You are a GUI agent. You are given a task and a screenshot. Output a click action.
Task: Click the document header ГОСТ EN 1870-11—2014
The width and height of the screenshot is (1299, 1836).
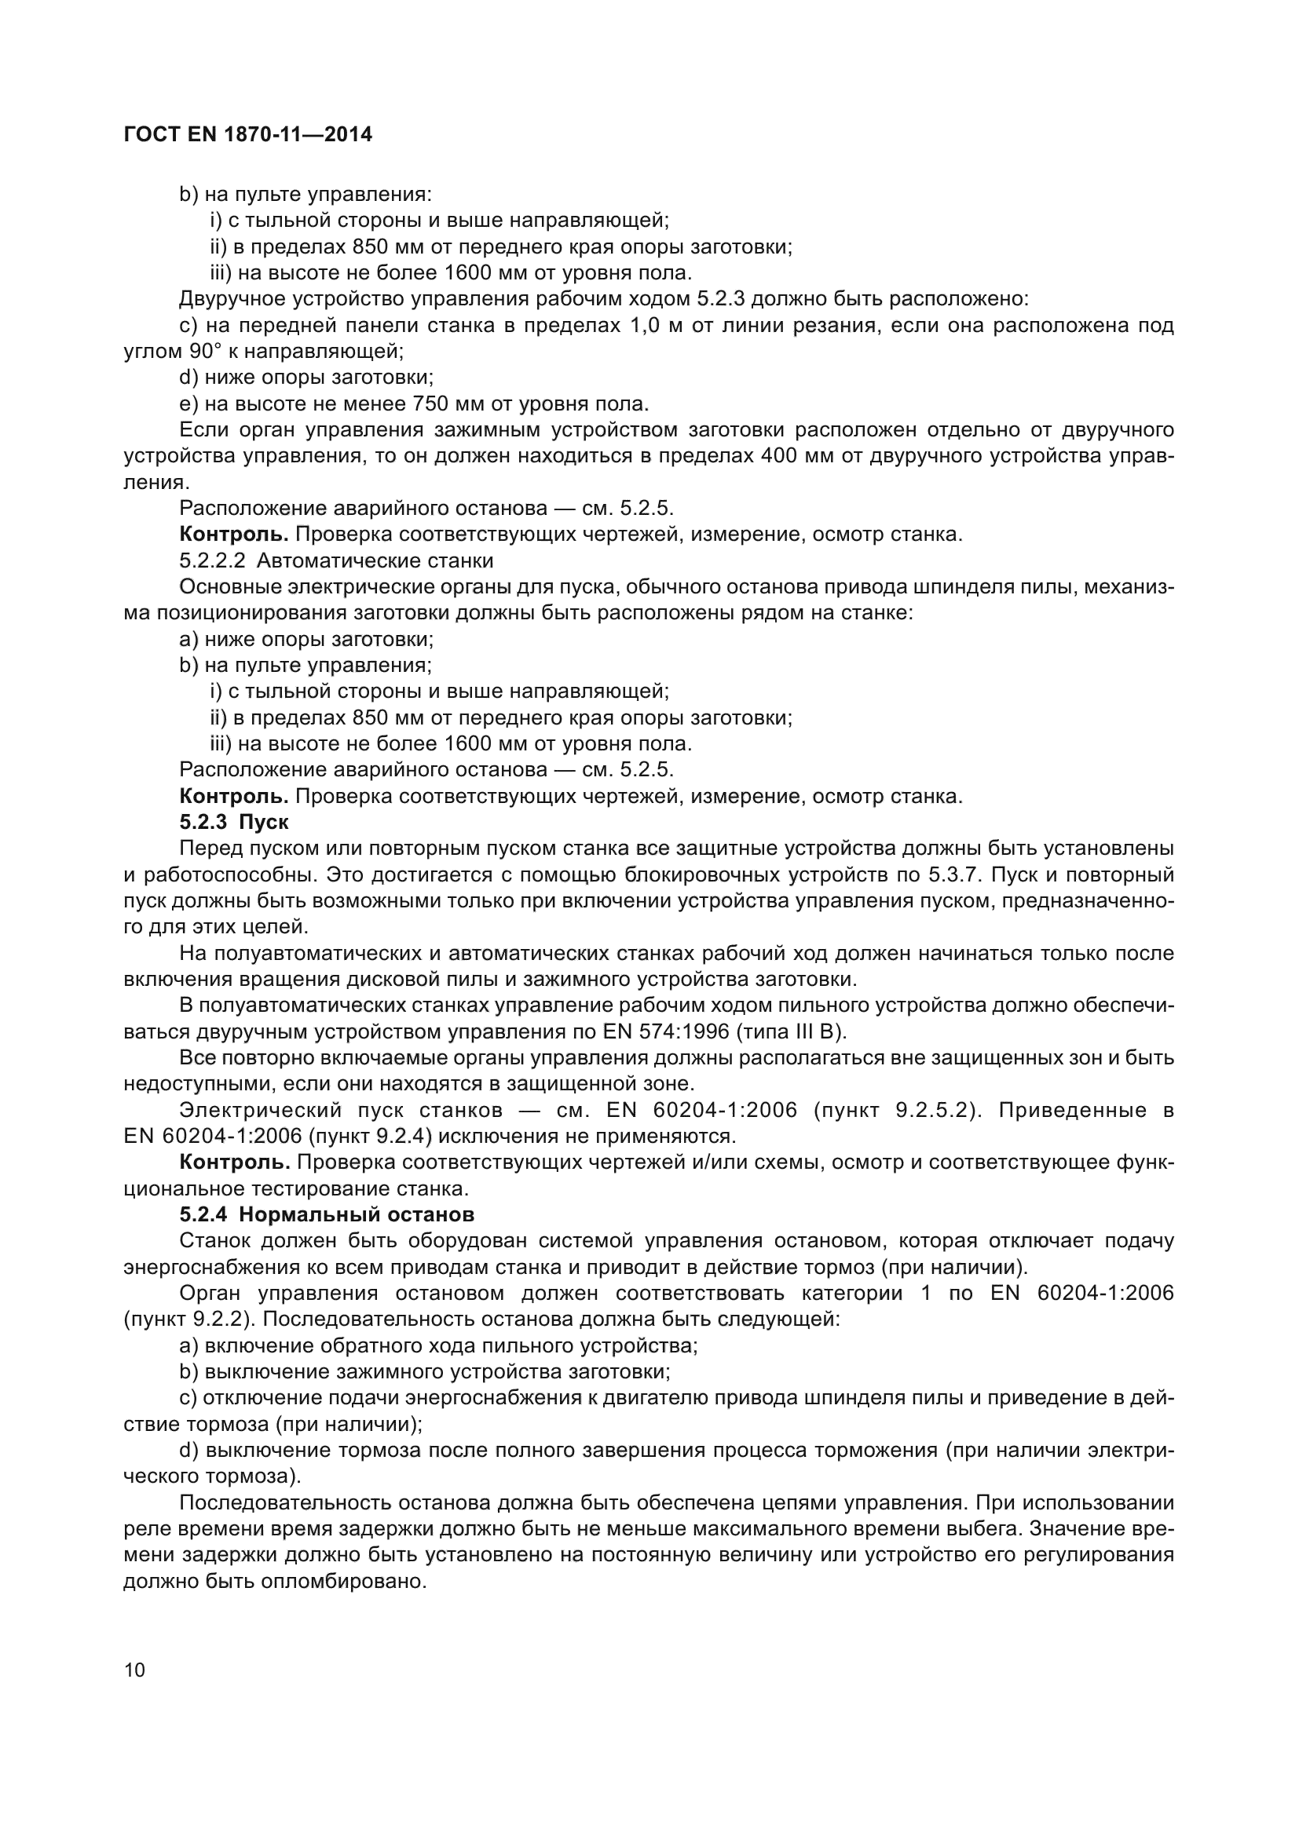tap(248, 134)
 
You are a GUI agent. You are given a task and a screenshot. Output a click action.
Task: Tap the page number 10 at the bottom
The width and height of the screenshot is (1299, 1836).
tap(135, 1670)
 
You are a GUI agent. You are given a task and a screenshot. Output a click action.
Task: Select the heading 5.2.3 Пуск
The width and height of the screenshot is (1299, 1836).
tap(233, 822)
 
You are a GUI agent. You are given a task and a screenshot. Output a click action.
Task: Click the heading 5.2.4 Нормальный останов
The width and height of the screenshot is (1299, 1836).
tap(327, 1214)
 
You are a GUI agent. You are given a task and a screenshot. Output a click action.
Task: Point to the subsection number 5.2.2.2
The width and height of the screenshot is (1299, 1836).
tap(212, 560)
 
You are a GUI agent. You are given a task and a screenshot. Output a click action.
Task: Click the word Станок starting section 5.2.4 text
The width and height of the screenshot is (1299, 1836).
tap(210, 1241)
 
